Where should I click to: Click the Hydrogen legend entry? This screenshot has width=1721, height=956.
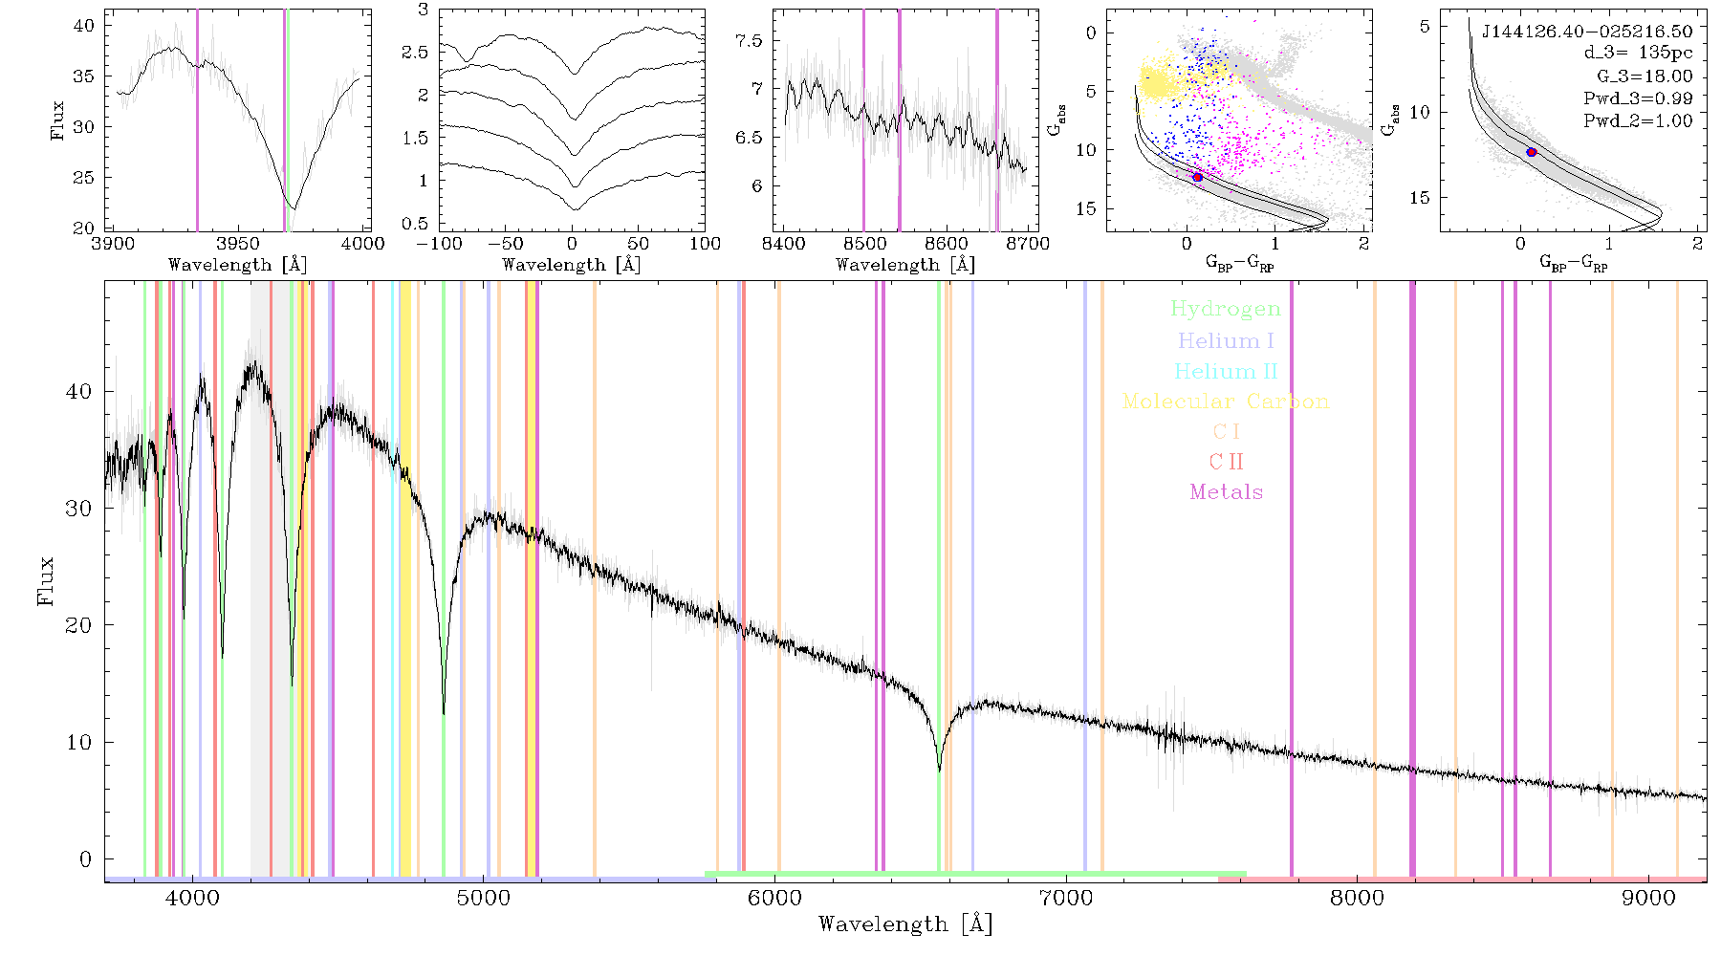pos(1226,309)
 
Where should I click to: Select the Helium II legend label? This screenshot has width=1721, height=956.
pos(1226,371)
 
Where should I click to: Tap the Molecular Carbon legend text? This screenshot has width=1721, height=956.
pos(1226,402)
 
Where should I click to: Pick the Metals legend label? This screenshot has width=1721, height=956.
pos(1227,492)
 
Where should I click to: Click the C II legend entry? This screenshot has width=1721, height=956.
pos(1227,462)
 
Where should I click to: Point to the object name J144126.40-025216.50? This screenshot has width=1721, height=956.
pos(1587,32)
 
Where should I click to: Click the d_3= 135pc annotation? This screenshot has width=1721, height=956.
pos(1638,54)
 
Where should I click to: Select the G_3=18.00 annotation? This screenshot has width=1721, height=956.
pos(1645,76)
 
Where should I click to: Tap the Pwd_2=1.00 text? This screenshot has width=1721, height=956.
pos(1638,121)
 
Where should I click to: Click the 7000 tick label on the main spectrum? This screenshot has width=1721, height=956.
pos(1066,898)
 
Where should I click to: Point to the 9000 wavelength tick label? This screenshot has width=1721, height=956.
pos(1648,898)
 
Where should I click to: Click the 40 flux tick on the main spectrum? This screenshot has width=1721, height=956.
pos(79,391)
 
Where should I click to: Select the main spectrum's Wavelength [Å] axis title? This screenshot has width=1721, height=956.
pos(905,924)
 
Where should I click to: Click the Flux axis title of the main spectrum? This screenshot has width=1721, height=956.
pos(46,581)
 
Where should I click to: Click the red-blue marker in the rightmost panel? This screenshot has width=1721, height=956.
pos(1532,152)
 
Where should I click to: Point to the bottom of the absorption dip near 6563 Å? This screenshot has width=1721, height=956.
pos(939,771)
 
